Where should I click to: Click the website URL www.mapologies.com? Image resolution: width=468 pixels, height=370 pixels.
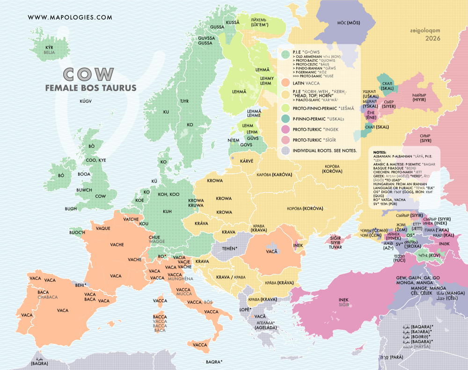pos(70,17)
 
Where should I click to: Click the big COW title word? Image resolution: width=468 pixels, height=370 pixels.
pos(89,74)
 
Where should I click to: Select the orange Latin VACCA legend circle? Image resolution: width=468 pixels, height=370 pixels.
pos(284,83)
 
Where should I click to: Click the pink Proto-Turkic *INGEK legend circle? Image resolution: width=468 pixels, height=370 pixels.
pos(284,128)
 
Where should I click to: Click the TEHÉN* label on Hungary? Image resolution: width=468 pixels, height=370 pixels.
pos(229,248)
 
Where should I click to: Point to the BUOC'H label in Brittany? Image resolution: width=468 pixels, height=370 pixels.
pos(77,232)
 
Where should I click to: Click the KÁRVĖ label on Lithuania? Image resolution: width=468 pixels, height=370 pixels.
pos(247,161)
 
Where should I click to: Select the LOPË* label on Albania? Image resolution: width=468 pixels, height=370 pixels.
pos(245,309)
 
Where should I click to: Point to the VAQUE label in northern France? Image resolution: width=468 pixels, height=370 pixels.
pos(102,229)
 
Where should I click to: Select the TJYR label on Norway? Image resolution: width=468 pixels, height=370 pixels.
pos(184,101)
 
